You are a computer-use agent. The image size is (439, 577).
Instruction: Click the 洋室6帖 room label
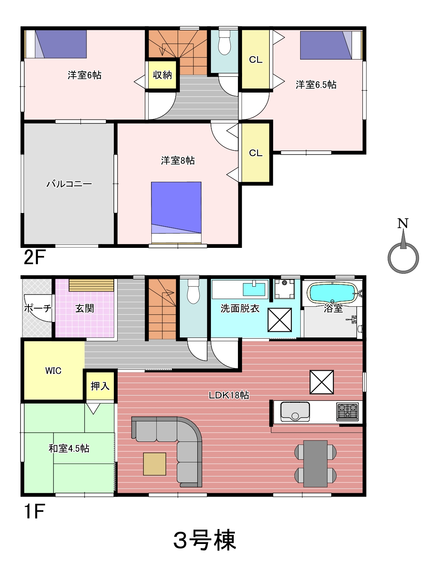tap(84, 75)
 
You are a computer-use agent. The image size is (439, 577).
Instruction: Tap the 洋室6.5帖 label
tap(316, 85)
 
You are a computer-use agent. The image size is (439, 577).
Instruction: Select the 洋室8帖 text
tap(178, 160)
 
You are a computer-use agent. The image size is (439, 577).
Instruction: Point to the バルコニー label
tap(69, 183)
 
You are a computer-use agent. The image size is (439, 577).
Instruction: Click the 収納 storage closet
tap(162, 75)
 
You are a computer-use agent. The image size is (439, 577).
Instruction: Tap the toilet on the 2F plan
tap(224, 42)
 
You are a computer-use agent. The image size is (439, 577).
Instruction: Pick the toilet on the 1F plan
tap(194, 291)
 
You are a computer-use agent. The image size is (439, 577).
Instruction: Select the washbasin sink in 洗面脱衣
tap(254, 289)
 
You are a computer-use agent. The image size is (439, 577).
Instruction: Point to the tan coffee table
tap(154, 464)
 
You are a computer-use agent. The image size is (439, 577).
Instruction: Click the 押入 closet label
tap(100, 386)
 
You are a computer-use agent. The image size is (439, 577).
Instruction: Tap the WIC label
tap(53, 370)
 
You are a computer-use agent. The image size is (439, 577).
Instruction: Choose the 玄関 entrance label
tap(85, 308)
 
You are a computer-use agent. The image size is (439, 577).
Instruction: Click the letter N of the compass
tap(403, 223)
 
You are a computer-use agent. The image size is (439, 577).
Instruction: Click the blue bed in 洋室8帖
tap(176, 213)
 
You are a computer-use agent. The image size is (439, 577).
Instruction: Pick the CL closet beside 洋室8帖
tap(256, 153)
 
